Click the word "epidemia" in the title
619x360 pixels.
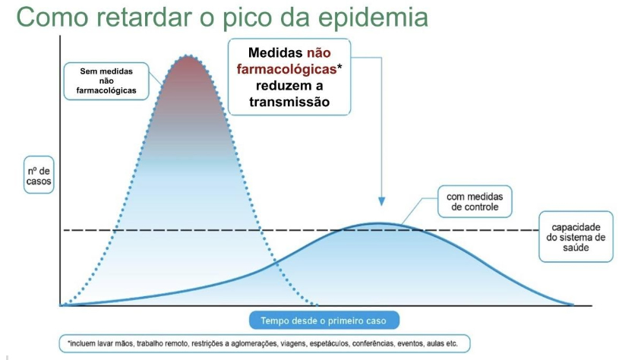pos(373,17)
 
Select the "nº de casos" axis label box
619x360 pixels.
pos(39,175)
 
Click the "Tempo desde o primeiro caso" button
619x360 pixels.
pos(324,321)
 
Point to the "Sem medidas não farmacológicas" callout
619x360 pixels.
pos(106,81)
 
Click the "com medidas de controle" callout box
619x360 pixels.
pos(475,202)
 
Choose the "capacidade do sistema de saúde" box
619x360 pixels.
pos(576,237)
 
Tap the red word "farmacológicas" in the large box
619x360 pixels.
pos(286,69)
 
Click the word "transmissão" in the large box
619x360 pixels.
pos(289,102)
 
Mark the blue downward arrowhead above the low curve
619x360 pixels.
pos(381,201)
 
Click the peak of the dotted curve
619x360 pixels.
pos(188,55)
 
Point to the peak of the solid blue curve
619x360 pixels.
pos(378,224)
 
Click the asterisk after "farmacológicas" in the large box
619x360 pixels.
pos(340,67)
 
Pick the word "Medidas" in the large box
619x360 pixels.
pos(276,53)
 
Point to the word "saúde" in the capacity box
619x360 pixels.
pos(576,248)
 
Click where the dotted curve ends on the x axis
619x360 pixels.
pos(317,305)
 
